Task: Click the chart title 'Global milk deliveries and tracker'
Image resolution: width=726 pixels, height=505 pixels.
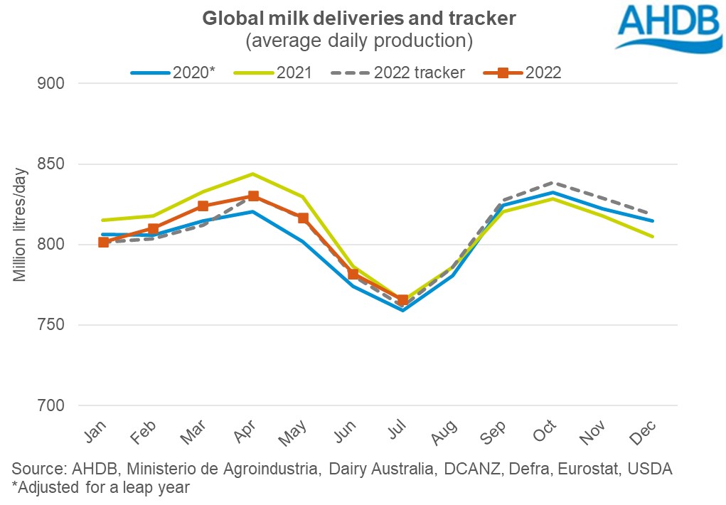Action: pos(358,19)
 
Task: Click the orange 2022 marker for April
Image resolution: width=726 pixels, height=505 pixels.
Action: pos(253,196)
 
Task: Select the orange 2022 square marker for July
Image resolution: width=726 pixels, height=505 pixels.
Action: pos(402,300)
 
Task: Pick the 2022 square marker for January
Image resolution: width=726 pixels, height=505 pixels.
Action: pos(104,243)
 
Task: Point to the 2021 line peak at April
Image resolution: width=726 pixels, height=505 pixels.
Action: pos(253,174)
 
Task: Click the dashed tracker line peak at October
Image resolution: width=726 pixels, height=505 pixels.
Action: pos(552,183)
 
